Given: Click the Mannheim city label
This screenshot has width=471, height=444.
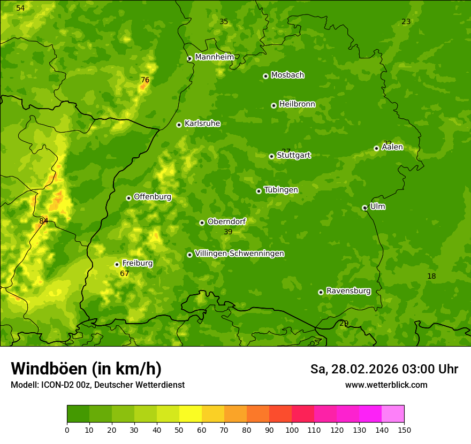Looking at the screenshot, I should [x=215, y=57].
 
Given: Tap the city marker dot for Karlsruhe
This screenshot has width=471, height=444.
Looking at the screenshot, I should [x=179, y=125].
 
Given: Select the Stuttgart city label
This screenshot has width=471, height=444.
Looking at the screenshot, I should [x=293, y=156].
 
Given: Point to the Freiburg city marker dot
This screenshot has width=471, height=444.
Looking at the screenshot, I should [x=117, y=264].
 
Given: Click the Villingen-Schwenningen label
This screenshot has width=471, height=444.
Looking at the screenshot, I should [x=239, y=254].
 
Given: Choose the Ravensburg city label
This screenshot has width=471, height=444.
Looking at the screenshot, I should [x=348, y=291].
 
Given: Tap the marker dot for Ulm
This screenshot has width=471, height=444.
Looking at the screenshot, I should [x=364, y=208].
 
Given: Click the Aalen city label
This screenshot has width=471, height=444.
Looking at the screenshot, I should [x=392, y=147].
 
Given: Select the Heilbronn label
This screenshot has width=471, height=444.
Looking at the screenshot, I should [x=297, y=104].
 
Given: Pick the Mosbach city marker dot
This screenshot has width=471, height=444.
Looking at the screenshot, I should [x=265, y=76].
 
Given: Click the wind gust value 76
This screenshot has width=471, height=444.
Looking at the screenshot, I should [x=145, y=80].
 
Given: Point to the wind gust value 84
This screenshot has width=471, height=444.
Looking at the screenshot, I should [x=44, y=221].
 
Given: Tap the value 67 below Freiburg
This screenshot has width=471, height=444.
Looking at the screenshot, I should [x=124, y=274].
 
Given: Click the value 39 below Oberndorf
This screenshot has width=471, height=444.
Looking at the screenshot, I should [x=228, y=232].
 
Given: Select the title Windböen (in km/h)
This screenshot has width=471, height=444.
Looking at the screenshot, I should [x=86, y=369].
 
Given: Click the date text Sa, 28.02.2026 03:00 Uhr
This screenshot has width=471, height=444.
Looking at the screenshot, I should [x=384, y=369].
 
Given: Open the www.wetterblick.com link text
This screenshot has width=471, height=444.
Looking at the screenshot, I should [x=386, y=385].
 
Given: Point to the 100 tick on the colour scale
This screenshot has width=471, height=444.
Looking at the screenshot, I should [x=292, y=429].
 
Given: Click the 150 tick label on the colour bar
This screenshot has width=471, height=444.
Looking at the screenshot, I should [x=404, y=429].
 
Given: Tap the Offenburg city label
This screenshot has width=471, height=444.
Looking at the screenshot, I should [x=153, y=197].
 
